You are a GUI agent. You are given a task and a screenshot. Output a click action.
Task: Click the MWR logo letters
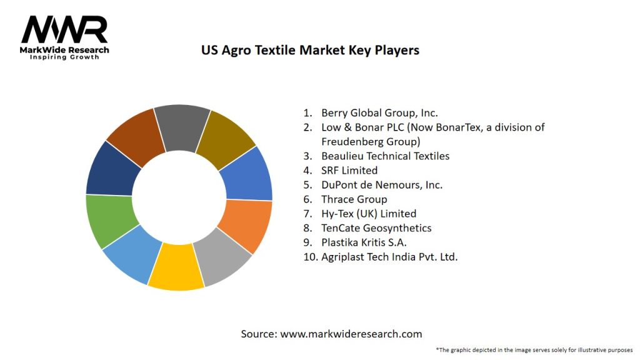[64, 30]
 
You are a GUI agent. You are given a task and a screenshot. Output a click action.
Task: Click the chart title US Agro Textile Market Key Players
[310, 50]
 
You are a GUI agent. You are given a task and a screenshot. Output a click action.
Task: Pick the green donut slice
[111, 220]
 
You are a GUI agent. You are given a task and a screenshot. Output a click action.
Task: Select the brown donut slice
[136, 136]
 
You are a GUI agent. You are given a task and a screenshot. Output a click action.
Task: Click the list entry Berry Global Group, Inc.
[379, 113]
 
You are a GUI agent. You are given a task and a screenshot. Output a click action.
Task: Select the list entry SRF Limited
[349, 171]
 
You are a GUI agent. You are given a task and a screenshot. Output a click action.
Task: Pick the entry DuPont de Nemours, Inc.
[381, 185]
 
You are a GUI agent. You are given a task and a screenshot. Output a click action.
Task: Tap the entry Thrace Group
[354, 199]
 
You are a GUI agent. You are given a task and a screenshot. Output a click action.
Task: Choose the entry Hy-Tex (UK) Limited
[368, 214]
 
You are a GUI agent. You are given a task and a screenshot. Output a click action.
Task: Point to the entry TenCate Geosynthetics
[376, 228]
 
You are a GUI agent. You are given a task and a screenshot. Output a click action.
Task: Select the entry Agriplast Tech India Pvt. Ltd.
[389, 257]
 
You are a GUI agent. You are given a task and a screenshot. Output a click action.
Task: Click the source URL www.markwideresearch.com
[351, 334]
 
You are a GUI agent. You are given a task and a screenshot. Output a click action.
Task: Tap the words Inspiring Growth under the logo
[64, 57]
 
